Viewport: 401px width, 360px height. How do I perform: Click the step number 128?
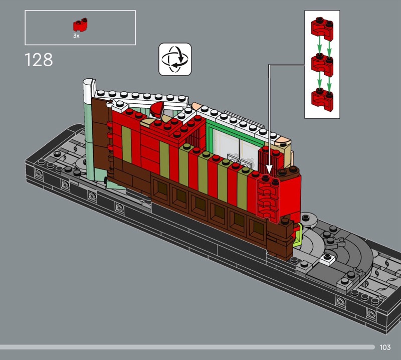coord(39,60)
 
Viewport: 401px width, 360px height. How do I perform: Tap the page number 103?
coord(385,347)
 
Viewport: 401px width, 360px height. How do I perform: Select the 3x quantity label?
coord(76,36)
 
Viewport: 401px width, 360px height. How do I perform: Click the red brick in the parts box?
coord(80,25)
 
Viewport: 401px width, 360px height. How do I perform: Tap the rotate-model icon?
coord(175,59)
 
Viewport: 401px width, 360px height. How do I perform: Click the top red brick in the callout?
coord(322,29)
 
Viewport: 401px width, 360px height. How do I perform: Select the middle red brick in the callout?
coord(322,65)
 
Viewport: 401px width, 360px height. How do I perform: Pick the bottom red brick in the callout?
coord(322,100)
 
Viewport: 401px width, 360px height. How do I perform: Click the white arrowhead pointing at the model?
coord(269,169)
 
